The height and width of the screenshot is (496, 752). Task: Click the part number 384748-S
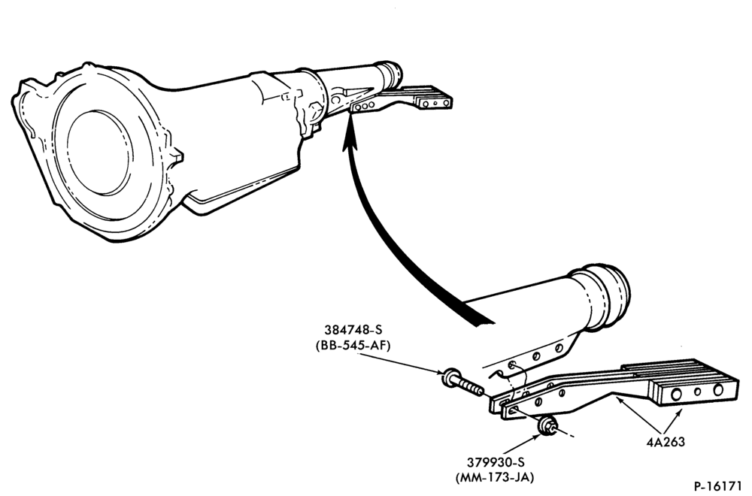353,330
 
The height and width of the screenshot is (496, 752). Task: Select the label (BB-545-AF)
353,345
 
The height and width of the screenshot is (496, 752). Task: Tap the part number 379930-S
496,462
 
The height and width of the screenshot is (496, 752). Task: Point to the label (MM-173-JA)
495,477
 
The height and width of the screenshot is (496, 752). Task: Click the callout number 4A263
666,441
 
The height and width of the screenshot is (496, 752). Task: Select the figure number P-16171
720,486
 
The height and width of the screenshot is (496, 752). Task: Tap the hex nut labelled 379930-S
547,426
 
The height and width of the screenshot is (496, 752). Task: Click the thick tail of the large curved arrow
478,316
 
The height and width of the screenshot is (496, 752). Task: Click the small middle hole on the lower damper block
697,392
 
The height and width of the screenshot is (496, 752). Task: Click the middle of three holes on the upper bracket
365,107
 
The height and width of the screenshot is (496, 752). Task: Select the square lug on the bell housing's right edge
176,155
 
